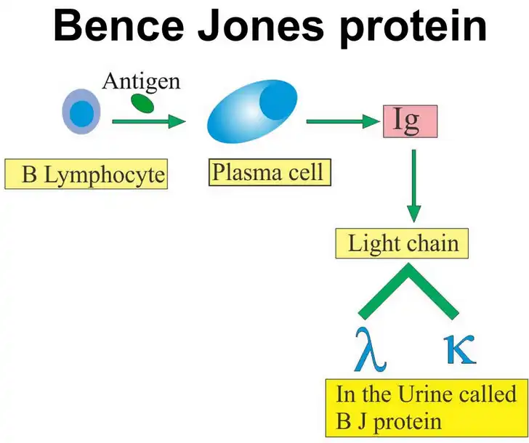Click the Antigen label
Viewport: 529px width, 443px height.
point(142,82)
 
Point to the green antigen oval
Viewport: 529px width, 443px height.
point(142,104)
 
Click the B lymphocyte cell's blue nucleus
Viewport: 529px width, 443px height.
point(81,113)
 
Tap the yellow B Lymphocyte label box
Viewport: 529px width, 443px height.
point(86,174)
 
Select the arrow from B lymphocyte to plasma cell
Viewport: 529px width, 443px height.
point(149,121)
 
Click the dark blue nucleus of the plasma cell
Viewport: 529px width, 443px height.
point(278,102)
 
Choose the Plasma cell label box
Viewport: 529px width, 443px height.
point(270,172)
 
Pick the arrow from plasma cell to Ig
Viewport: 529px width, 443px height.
point(343,121)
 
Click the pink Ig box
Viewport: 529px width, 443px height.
point(411,121)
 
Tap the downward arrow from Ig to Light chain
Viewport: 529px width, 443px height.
point(414,186)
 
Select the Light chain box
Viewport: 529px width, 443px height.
point(402,243)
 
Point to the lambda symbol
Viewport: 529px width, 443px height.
point(370,349)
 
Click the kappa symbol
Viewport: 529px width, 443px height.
point(461,349)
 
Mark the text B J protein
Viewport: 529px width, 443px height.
point(389,422)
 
